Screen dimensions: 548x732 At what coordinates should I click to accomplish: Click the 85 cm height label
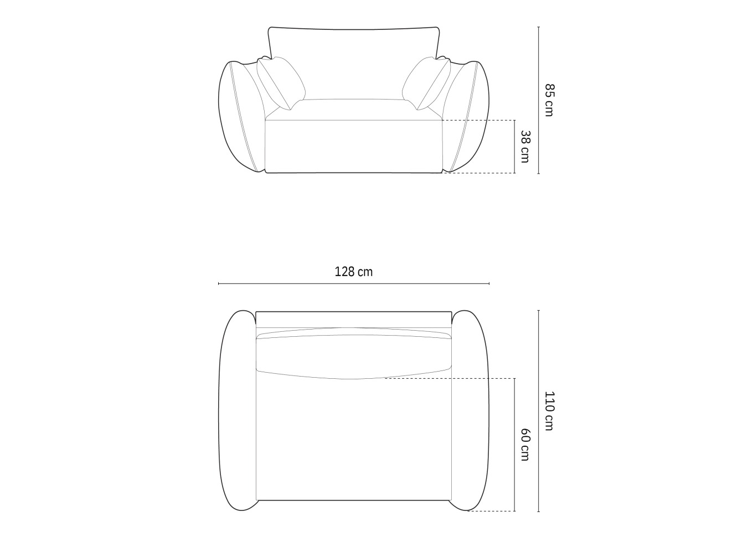[549, 100]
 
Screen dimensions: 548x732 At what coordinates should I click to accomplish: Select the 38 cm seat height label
[524, 147]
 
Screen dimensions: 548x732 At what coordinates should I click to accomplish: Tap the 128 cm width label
[353, 272]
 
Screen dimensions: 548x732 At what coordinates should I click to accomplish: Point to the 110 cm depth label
[549, 410]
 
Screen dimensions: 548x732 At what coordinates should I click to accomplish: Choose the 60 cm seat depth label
[524, 445]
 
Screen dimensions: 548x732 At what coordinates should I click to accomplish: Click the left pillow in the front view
[281, 82]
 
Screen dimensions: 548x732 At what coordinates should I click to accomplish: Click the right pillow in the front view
[426, 82]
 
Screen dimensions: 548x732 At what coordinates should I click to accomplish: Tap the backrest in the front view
[353, 61]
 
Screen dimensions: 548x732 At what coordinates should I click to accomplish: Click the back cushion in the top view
[353, 353]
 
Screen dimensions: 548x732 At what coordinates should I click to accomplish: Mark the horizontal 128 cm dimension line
[353, 284]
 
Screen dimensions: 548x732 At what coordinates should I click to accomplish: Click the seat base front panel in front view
[353, 147]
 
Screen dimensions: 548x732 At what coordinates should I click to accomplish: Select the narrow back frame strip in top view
[353, 319]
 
